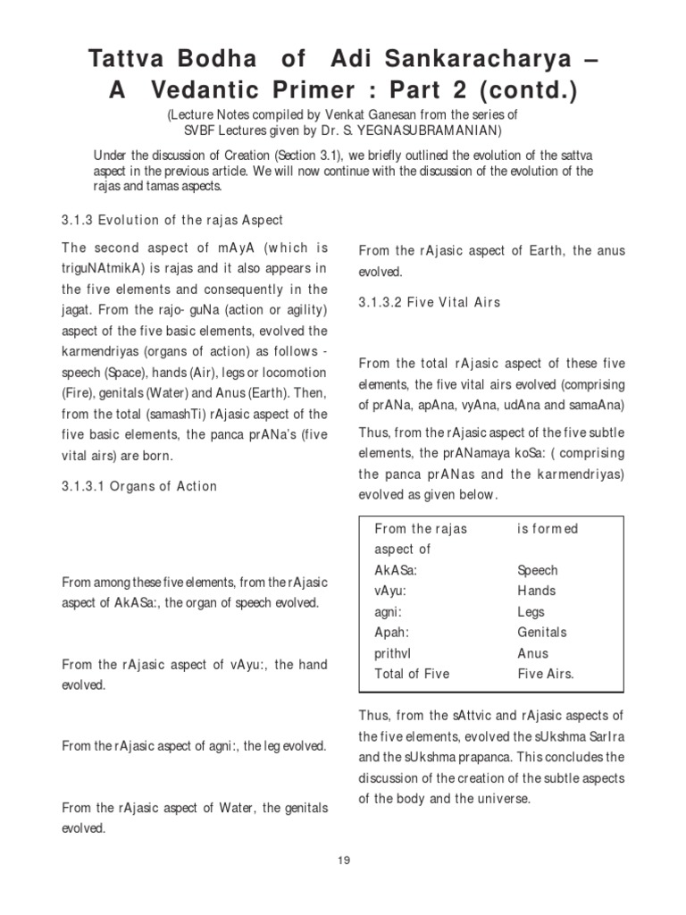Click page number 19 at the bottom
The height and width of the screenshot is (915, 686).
pos(343,860)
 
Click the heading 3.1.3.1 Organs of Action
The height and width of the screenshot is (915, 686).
pos(139,486)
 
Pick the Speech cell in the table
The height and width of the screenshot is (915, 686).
pos(538,570)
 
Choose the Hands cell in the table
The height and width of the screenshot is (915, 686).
pos(536,591)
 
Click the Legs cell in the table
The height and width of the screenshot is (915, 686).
pos(531,612)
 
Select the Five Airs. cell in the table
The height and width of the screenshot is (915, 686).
pos(546,674)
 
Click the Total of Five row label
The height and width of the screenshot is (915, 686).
pos(413,674)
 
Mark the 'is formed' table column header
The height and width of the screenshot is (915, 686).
pos(548,529)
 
